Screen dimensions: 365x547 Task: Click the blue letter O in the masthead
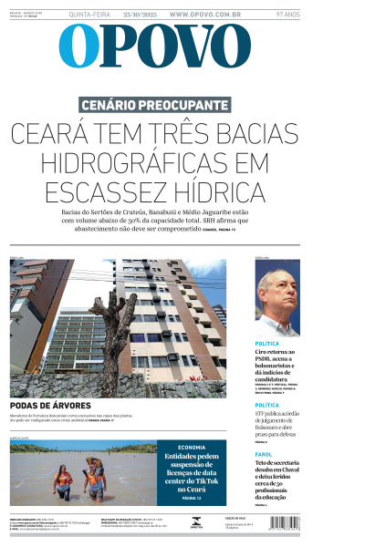click(x=78, y=46)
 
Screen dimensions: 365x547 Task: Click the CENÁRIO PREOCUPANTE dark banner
click(x=154, y=105)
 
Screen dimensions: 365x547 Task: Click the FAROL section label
click(x=263, y=453)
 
